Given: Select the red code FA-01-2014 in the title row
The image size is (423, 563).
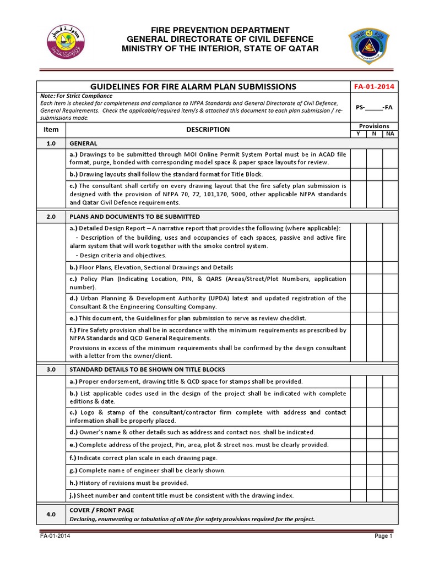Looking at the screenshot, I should click(x=374, y=86).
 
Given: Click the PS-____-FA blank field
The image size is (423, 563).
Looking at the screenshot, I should click(x=374, y=108).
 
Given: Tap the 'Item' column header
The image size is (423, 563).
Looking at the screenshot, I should click(x=51, y=130).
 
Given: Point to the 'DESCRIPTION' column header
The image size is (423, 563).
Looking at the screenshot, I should click(x=208, y=130).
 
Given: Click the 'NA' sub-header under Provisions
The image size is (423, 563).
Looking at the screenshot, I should click(x=389, y=134).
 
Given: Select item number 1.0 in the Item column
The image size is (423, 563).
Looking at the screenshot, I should click(x=51, y=143).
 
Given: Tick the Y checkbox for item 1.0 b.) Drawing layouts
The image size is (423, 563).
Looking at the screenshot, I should click(x=359, y=174).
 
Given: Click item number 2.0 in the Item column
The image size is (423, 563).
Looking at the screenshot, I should click(x=51, y=217).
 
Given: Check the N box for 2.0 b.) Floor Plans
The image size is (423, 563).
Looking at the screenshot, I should click(x=374, y=267).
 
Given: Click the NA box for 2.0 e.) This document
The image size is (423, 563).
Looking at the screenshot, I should click(x=389, y=318).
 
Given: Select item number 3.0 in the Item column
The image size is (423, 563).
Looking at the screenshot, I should click(x=51, y=369).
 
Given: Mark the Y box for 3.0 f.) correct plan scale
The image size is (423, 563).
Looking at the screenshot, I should click(x=359, y=457).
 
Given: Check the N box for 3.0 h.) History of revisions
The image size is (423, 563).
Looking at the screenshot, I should click(x=374, y=483).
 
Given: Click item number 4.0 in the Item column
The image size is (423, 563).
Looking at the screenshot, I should click(x=51, y=514).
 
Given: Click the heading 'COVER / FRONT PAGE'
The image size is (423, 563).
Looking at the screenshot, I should click(x=101, y=510).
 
